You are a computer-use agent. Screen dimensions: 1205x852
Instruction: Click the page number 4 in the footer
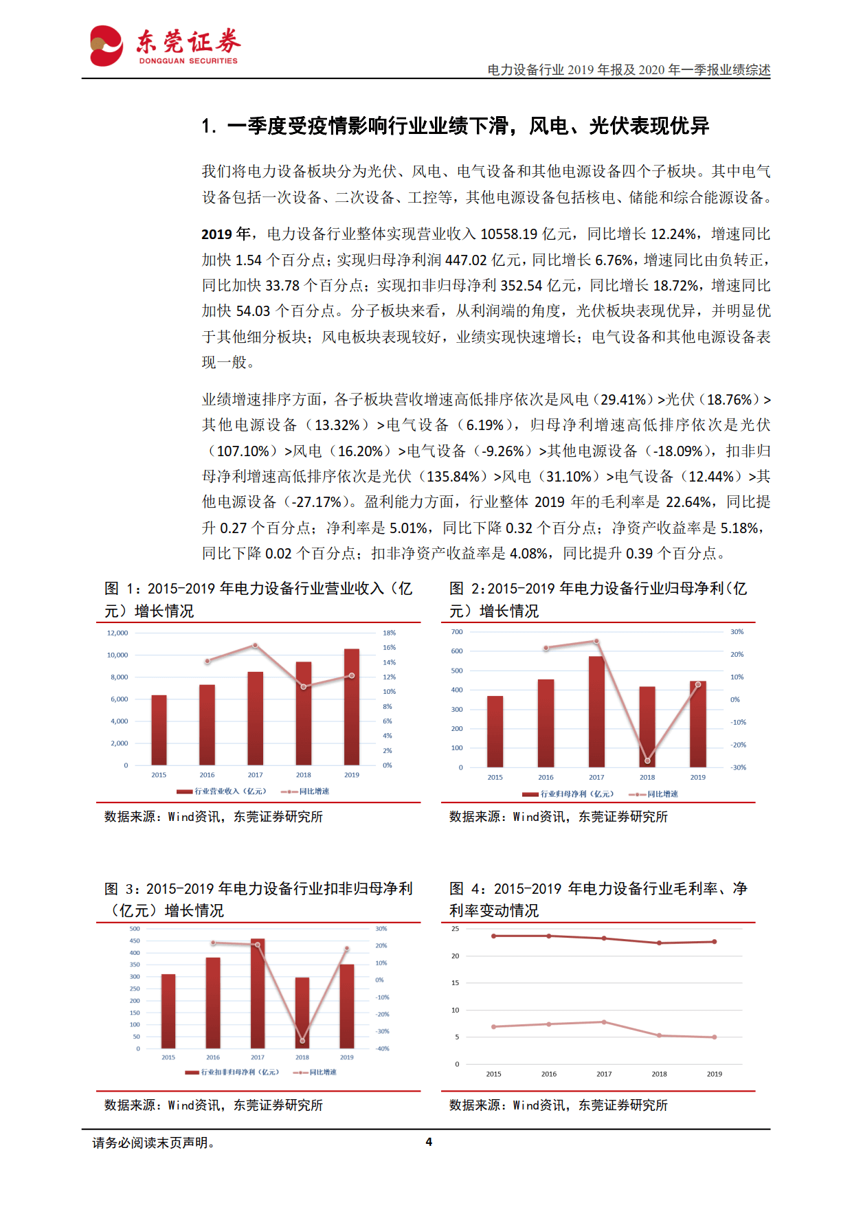429,1142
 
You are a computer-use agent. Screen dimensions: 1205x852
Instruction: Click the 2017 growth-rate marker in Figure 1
255,645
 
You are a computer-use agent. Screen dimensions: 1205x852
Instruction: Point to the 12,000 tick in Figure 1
117,633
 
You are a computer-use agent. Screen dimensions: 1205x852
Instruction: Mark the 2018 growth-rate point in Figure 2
647,761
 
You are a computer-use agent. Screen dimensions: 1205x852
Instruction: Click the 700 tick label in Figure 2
457,631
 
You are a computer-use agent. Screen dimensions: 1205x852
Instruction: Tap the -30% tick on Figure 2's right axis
738,767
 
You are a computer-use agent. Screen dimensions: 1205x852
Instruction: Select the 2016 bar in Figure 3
213,1002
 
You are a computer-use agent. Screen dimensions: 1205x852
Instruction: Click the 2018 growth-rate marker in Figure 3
302,1040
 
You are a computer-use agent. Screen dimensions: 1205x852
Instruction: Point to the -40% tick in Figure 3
382,1048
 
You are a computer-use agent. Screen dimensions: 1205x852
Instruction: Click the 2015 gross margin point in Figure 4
493,936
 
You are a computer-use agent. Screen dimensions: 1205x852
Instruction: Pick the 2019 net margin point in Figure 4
715,1037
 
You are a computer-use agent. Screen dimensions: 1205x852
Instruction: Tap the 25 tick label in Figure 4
456,929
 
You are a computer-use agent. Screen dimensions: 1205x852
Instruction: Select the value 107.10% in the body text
243,451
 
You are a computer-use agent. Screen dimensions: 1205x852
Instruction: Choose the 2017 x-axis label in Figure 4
604,1074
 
